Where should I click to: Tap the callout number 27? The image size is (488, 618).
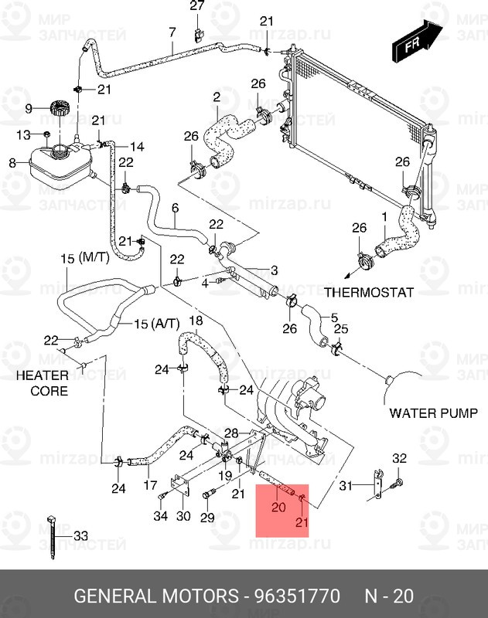[197, 7]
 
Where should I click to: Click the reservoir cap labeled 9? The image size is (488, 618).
[59, 109]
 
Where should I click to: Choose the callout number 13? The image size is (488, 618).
[23, 135]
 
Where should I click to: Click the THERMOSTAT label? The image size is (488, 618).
[368, 293]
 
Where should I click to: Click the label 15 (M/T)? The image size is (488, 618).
[86, 260]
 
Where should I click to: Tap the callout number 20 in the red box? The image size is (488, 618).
[278, 508]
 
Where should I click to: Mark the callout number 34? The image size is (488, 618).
[160, 516]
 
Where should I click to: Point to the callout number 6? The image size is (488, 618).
[175, 208]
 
